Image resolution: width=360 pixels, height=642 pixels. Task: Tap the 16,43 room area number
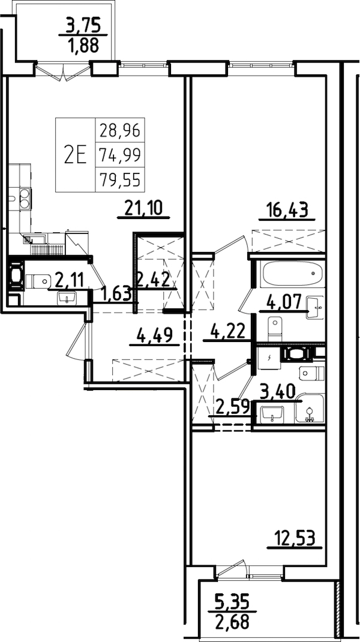[x=287, y=209]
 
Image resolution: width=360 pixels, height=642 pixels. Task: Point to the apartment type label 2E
[x=76, y=155]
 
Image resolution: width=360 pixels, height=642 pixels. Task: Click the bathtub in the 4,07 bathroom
[x=293, y=275]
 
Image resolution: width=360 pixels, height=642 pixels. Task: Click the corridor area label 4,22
[x=226, y=331]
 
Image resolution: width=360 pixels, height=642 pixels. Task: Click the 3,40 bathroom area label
[x=278, y=393]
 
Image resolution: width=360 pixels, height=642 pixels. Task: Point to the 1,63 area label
[x=116, y=293]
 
